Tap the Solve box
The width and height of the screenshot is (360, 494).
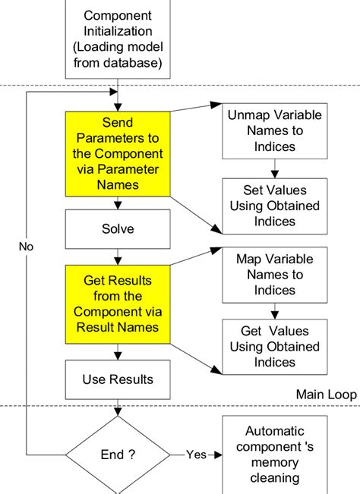(117, 228)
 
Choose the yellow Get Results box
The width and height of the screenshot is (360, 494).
(117, 304)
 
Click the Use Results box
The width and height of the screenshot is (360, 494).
(117, 379)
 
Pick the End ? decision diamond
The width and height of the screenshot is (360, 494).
(117, 455)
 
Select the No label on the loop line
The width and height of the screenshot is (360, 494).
(27, 247)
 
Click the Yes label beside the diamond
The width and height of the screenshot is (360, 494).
(196, 455)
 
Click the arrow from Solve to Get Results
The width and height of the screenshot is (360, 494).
(117, 256)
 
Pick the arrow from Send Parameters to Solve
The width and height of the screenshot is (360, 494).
(117, 203)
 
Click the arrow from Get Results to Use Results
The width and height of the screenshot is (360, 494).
(117, 352)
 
